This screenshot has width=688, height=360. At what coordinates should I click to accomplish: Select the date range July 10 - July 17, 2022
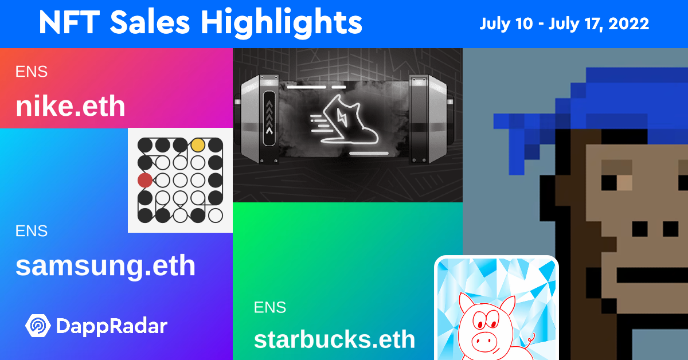(x=564, y=24)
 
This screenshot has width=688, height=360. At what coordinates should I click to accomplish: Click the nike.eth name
(x=71, y=105)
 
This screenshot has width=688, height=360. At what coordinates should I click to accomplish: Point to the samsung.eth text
(x=105, y=266)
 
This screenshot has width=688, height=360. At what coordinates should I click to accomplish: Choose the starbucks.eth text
(x=334, y=339)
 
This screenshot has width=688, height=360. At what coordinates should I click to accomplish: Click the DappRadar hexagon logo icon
(x=38, y=326)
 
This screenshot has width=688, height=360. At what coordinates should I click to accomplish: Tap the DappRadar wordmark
(x=111, y=326)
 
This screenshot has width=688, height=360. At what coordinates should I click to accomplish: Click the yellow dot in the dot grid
(x=198, y=145)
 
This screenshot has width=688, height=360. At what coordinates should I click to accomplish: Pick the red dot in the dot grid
(x=145, y=181)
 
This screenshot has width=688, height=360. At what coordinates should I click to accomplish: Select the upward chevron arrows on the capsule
(x=269, y=118)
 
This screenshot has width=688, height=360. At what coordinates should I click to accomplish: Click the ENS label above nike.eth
(x=32, y=72)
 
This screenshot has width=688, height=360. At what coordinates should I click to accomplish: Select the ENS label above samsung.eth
(x=32, y=231)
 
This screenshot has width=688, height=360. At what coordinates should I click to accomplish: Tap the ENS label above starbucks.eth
(x=270, y=307)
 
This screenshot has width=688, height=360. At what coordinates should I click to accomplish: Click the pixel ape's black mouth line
(x=652, y=276)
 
